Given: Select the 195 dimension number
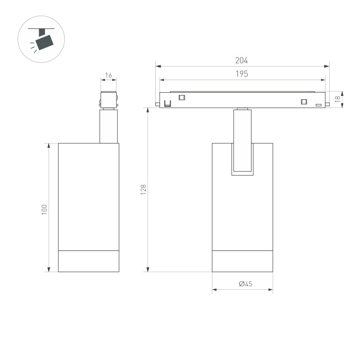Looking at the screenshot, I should [x=242, y=74].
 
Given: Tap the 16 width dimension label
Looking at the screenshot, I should [x=108, y=75].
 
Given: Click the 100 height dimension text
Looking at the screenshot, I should [x=44, y=209].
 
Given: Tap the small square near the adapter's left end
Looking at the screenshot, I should [x=182, y=98].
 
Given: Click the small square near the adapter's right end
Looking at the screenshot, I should [x=304, y=101].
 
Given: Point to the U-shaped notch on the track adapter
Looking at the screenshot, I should [x=167, y=104].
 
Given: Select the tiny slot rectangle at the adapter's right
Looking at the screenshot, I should [x=319, y=105].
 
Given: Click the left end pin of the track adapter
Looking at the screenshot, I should [x=157, y=104].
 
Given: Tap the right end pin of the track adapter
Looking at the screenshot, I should [x=328, y=104].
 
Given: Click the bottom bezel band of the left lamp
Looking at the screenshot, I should [x=89, y=261].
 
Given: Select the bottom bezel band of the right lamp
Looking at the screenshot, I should [x=243, y=261].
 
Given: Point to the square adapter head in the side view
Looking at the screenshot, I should [x=108, y=99].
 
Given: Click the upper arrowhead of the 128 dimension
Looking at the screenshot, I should [x=147, y=110].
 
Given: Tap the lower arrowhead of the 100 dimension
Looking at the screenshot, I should [x=49, y=270].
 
